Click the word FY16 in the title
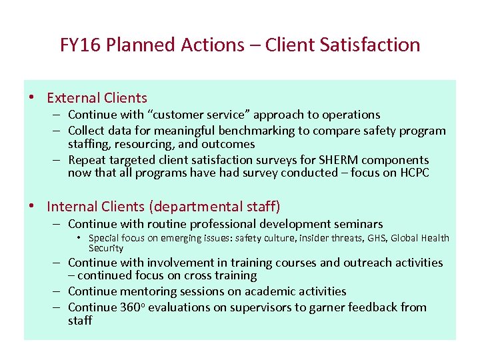point(79,45)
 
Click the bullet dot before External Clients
point(31,98)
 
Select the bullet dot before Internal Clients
point(31,207)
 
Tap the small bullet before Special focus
point(79,238)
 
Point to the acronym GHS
point(377,238)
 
